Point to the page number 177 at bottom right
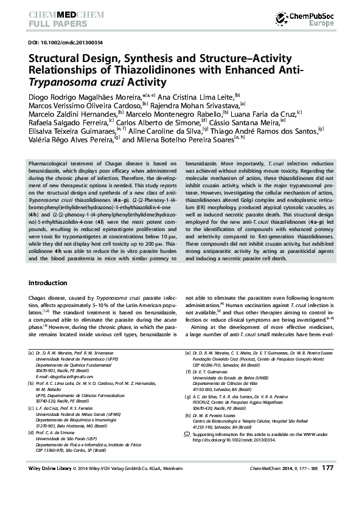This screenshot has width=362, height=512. [x=327, y=485]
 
